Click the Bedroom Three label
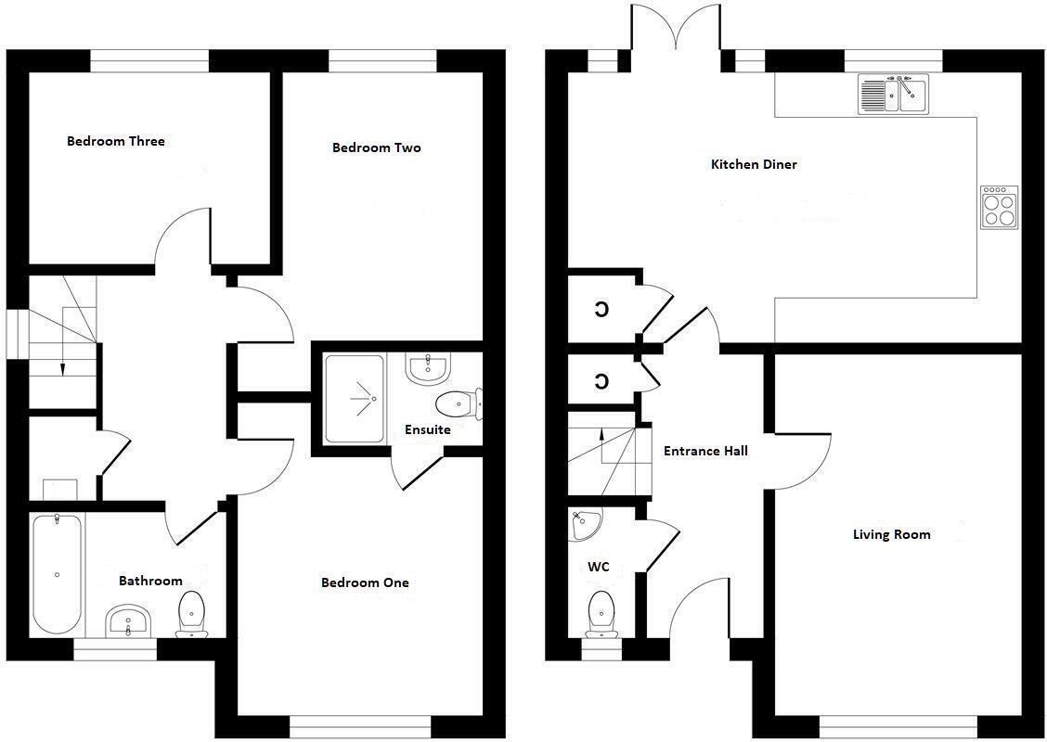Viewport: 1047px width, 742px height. click(116, 141)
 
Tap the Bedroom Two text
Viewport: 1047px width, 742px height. click(376, 147)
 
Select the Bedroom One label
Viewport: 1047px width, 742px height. click(365, 582)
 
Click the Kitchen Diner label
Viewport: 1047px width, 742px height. click(754, 164)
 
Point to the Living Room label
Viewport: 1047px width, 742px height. click(891, 534)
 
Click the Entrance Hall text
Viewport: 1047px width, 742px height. click(705, 451)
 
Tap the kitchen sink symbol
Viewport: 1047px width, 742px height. click(893, 95)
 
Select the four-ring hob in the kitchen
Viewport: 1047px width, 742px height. click(1000, 208)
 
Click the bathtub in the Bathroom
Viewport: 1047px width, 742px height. click(57, 574)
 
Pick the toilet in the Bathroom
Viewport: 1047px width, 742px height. click(192, 613)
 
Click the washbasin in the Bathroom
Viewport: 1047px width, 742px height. click(129, 620)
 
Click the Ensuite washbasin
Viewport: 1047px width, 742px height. click(427, 368)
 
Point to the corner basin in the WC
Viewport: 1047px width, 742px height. click(584, 524)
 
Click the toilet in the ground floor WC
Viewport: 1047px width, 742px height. click(601, 614)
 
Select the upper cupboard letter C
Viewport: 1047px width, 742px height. click(601, 309)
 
